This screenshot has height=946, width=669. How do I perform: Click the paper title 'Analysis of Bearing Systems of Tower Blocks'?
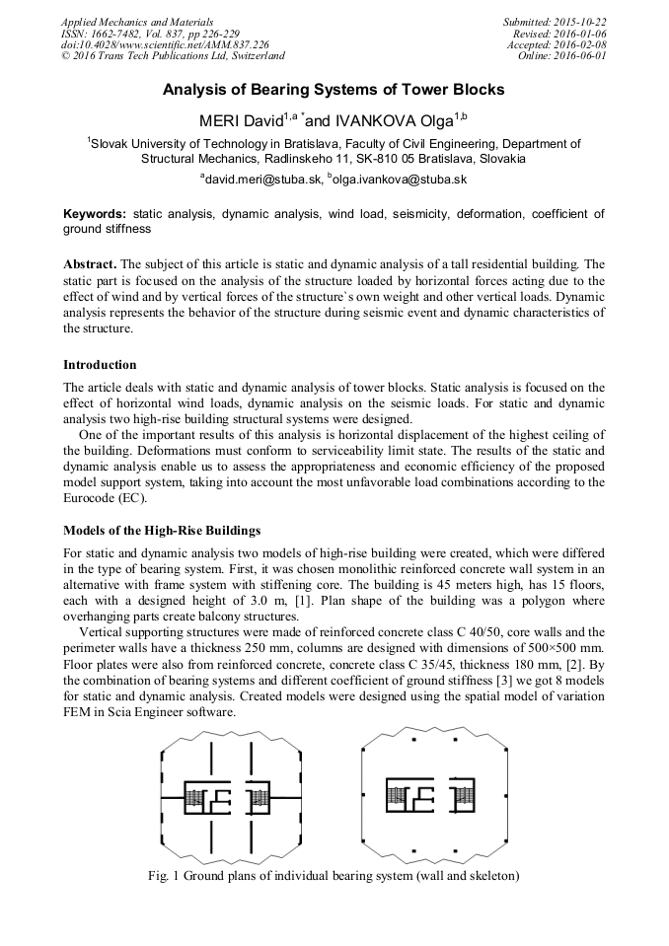tap(334, 90)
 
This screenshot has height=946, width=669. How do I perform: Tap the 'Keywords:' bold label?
tap(95, 213)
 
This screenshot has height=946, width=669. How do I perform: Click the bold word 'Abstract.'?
tap(90, 265)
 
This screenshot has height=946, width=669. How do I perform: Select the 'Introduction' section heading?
tap(100, 364)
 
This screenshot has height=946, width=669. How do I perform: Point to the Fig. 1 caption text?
tap(334, 875)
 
